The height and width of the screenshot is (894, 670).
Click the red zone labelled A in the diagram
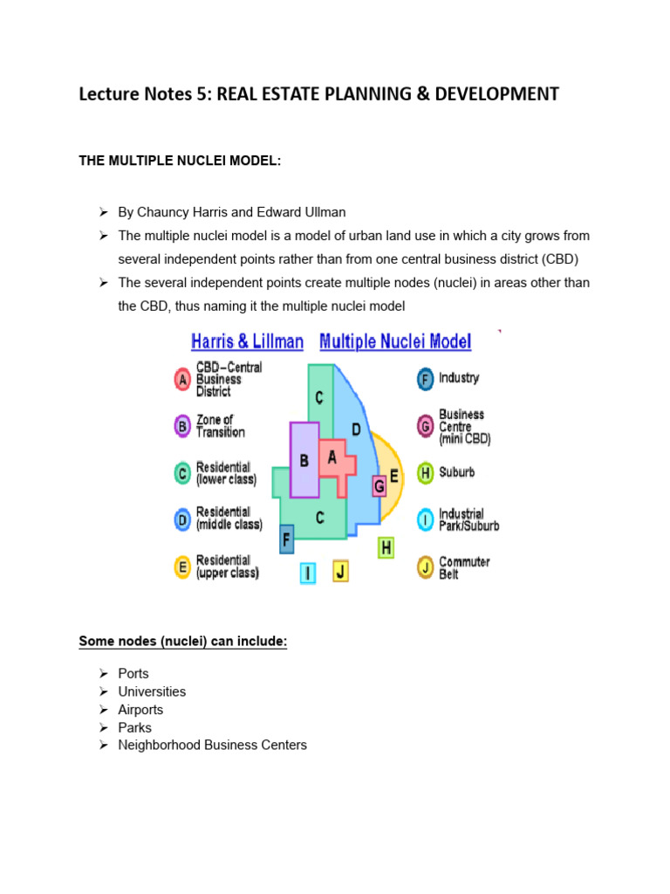[332, 458]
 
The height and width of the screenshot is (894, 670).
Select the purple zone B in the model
[304, 460]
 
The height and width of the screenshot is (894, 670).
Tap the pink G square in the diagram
[379, 485]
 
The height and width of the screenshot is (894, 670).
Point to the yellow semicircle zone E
[394, 477]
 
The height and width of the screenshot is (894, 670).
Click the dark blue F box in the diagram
[286, 539]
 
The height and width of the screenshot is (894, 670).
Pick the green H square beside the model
[386, 547]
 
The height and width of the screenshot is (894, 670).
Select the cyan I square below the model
[307, 573]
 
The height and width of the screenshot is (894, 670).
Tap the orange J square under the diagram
[340, 572]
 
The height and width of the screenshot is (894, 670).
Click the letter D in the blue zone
[356, 429]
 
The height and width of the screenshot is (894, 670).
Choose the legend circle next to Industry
[425, 380]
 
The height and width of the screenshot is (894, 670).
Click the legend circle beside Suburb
[425, 473]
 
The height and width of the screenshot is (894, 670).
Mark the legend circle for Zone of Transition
[182, 427]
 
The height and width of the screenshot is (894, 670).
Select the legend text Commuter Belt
[464, 568]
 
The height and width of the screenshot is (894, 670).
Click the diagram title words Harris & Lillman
[247, 341]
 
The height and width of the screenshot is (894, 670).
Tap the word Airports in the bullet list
[140, 710]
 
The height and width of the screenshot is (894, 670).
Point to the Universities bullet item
[152, 691]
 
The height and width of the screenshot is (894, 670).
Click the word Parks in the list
[134, 727]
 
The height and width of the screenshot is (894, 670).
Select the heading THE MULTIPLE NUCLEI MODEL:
[181, 160]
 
